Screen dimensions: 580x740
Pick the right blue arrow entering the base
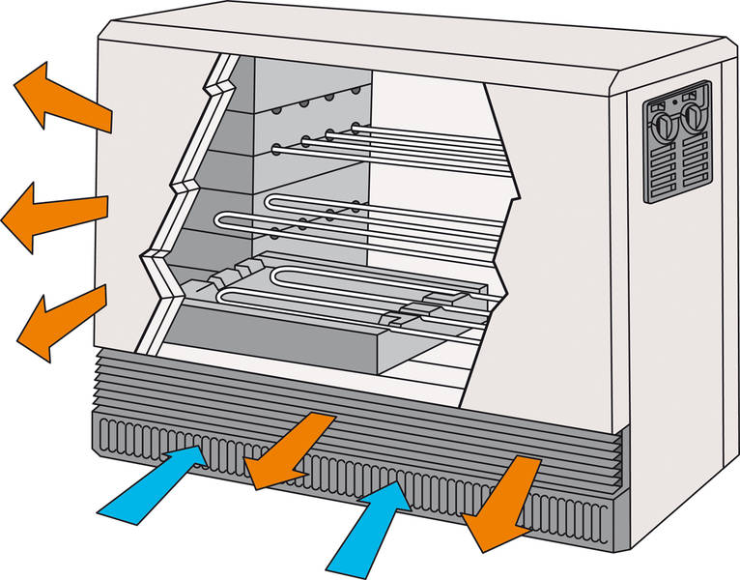[x=372, y=522]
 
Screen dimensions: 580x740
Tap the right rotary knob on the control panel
[x=693, y=120]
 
